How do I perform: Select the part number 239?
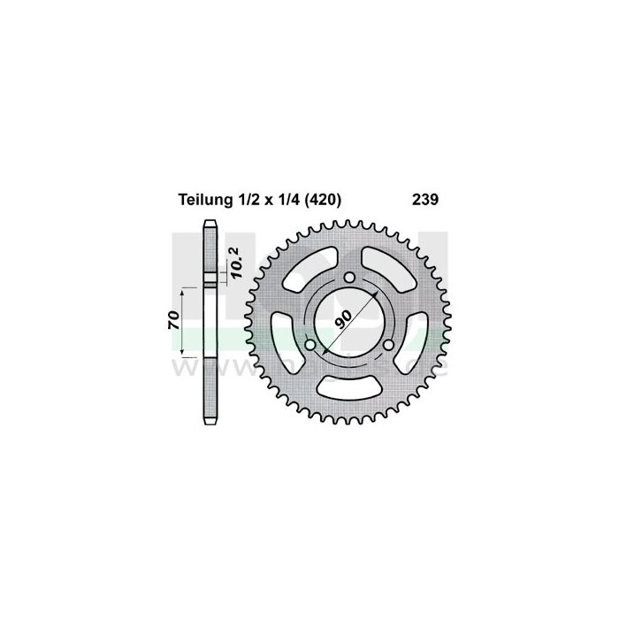424,201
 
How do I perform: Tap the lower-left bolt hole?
309,345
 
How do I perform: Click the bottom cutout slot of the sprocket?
348,386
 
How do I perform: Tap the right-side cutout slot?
415,340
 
